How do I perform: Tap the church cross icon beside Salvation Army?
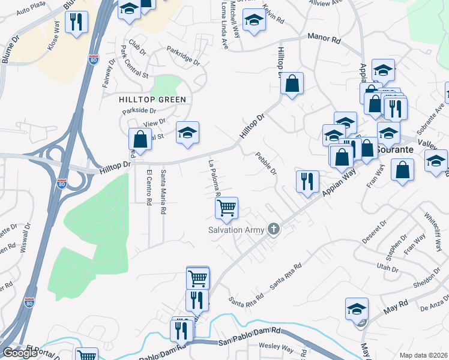pos(274,229)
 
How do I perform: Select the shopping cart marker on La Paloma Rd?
pos(227,209)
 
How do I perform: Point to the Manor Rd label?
pos(324,37)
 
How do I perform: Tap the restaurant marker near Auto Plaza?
pos(76,23)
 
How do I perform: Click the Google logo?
pos(20,353)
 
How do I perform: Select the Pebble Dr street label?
pos(265,163)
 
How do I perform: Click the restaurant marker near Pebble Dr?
pos(307,181)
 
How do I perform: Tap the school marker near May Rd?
pos(357,309)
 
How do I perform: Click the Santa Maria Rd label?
pos(163,192)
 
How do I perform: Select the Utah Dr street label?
pos(384,266)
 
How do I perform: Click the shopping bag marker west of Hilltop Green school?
pos(140,140)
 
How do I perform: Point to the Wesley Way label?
pos(276,347)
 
